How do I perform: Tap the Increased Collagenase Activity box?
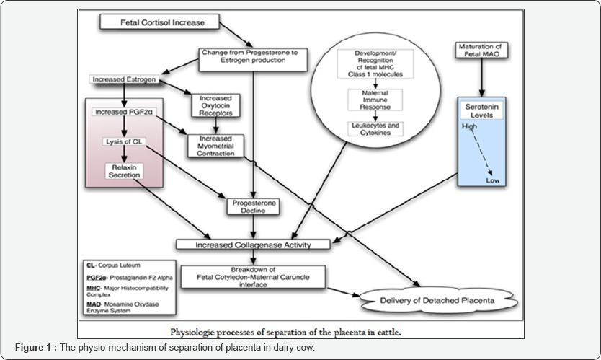(x=254, y=245)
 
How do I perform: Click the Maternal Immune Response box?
(x=375, y=102)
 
